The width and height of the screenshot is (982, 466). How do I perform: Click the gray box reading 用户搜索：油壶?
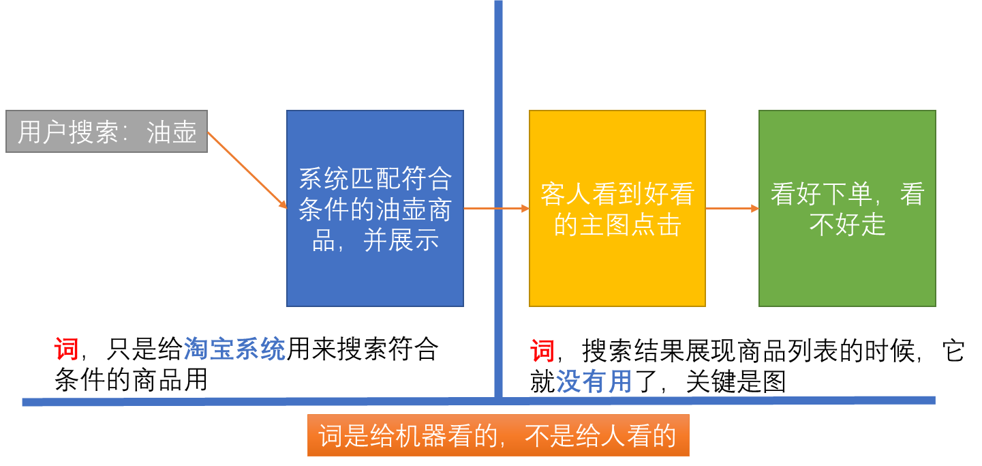click(x=106, y=131)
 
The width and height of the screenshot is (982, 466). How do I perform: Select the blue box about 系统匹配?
click(x=375, y=208)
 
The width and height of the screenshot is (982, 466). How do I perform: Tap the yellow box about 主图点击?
click(x=617, y=208)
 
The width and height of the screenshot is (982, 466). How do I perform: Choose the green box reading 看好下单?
click(x=847, y=208)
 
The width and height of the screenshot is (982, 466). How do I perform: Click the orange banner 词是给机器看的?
click(x=498, y=435)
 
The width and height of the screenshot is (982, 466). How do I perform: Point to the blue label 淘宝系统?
click(x=234, y=349)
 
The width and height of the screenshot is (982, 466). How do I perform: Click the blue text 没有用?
click(x=594, y=381)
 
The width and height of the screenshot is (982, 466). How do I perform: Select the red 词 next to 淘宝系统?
click(x=66, y=349)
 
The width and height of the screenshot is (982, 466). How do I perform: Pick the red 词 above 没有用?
click(x=542, y=351)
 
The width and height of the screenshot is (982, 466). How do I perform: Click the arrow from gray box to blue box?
click(x=247, y=170)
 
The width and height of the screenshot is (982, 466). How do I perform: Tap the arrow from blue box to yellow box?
click(x=496, y=208)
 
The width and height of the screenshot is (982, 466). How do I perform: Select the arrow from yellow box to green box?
click(x=732, y=208)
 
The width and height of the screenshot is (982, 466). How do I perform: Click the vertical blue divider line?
click(x=498, y=68)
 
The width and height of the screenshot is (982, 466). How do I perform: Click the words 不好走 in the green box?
click(x=847, y=224)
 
